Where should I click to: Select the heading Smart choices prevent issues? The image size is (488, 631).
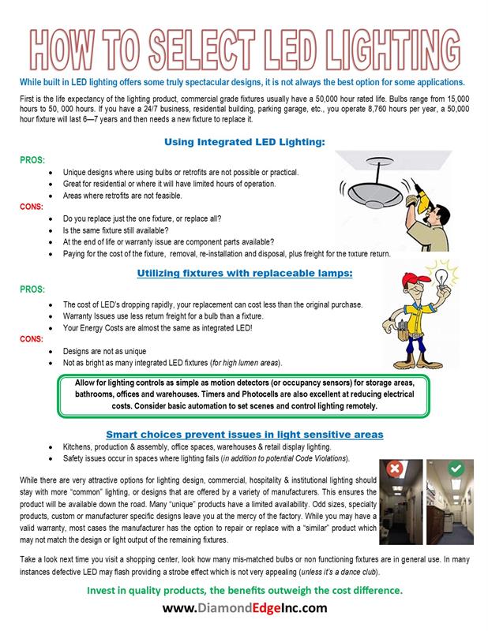pos(245,434)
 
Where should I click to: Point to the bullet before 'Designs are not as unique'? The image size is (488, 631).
pos(52,350)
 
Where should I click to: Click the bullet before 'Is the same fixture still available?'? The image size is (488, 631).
pos(52,229)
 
